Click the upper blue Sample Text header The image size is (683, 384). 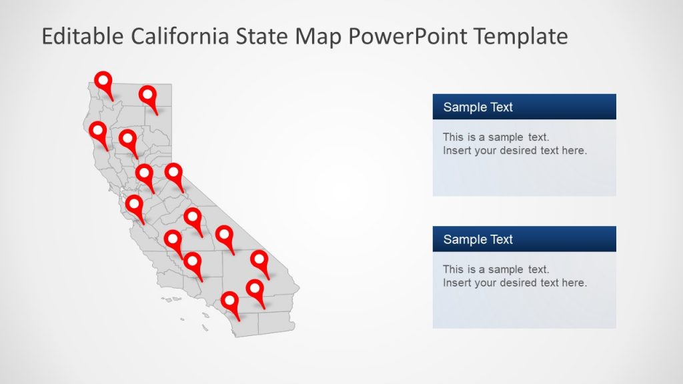[x=524, y=107]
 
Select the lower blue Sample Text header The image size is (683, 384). [x=524, y=239]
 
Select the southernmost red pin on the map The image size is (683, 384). [x=231, y=303]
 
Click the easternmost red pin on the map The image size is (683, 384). [x=259, y=261]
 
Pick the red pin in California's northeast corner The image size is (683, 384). [x=148, y=96]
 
